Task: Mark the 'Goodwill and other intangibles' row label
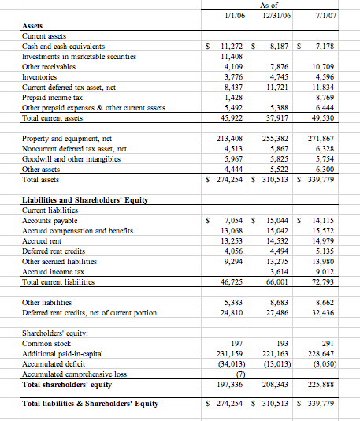[72, 158]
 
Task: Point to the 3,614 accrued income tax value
[280, 272]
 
